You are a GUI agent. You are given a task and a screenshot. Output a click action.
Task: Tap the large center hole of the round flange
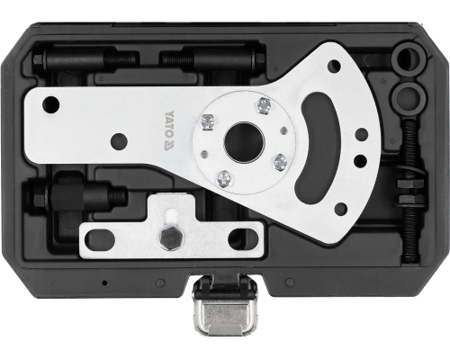coord(244,141)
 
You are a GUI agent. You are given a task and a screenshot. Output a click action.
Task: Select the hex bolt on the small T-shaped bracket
coord(169,237)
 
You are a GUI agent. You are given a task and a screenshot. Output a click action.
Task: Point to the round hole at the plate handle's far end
coord(51,104)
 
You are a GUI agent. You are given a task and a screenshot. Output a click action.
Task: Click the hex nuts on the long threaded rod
coord(409,191)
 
